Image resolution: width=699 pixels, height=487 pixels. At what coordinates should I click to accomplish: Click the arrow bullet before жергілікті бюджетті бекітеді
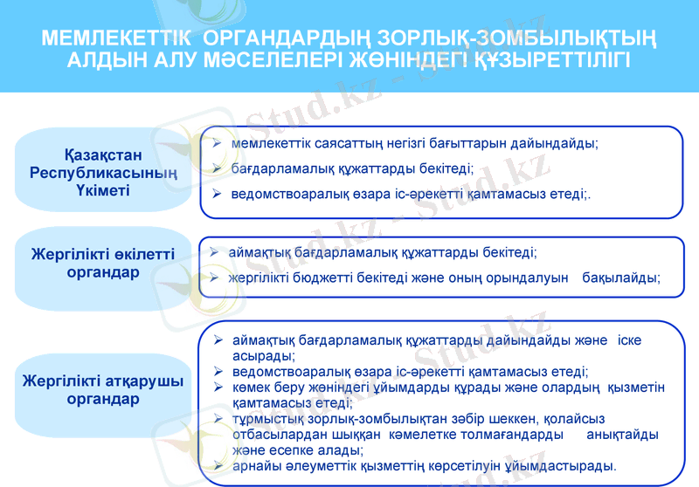point(214,278)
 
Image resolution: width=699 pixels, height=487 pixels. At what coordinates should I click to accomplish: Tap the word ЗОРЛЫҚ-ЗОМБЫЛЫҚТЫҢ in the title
point(516,38)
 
